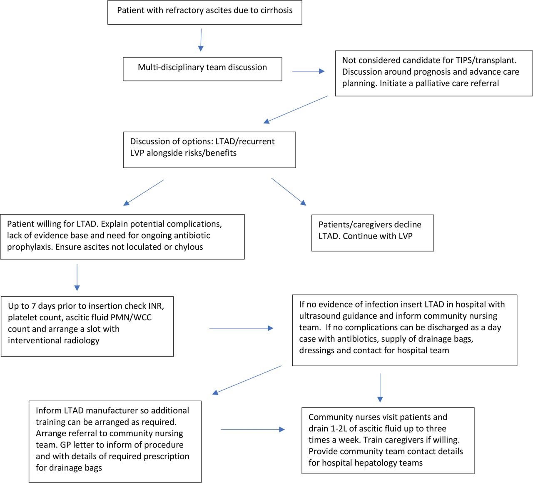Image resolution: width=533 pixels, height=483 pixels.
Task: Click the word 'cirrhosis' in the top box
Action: pos(276,10)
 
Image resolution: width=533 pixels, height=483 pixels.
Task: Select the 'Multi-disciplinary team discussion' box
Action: pos(202,69)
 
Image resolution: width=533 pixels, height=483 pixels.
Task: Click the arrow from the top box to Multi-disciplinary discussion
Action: pos(201,40)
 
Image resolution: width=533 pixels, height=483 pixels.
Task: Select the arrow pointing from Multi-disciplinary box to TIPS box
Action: pos(309,71)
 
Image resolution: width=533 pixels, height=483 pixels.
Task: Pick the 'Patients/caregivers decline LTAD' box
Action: pos(373,233)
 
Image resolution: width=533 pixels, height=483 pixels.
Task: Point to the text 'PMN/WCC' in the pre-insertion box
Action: pos(134,317)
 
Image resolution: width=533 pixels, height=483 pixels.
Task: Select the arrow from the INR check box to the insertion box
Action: pos(241,328)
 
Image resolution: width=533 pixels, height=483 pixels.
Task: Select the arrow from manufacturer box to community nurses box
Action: pos(253,430)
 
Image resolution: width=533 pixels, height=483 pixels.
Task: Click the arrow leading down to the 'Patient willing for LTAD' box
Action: pos(144,193)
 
